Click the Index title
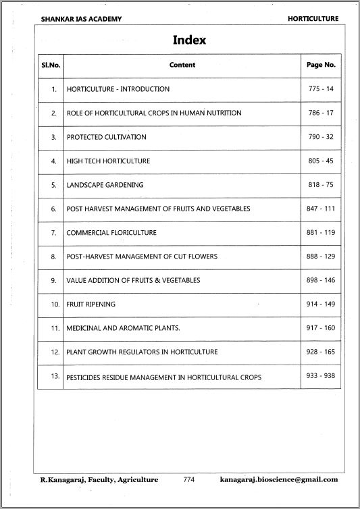click(189, 40)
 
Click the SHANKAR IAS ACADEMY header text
click(82, 19)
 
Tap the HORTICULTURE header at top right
click(313, 19)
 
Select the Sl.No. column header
click(50, 65)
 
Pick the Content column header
click(182, 65)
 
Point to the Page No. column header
click(321, 65)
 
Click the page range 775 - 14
click(321, 89)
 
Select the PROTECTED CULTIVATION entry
click(106, 137)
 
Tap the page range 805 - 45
click(321, 161)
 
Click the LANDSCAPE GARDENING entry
click(105, 185)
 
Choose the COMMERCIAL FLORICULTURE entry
click(111, 233)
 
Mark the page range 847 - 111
click(321, 209)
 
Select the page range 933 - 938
click(321, 376)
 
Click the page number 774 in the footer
click(189, 479)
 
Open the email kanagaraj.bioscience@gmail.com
click(279, 479)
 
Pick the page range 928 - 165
click(321, 352)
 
